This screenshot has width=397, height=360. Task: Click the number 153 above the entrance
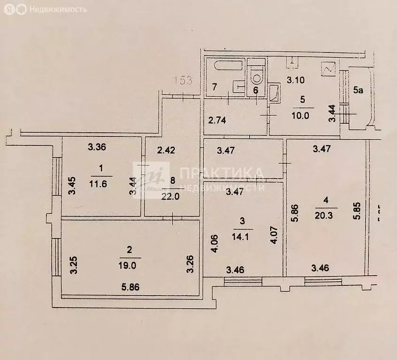click(181, 80)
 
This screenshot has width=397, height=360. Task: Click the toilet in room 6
click(256, 74)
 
